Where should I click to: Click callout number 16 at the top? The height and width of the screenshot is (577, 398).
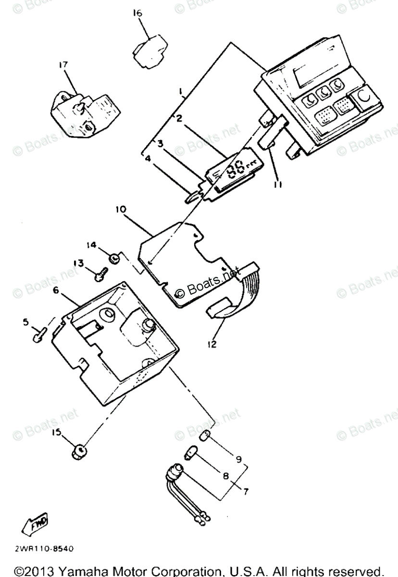click(x=137, y=14)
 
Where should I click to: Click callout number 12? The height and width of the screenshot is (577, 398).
click(x=212, y=344)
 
